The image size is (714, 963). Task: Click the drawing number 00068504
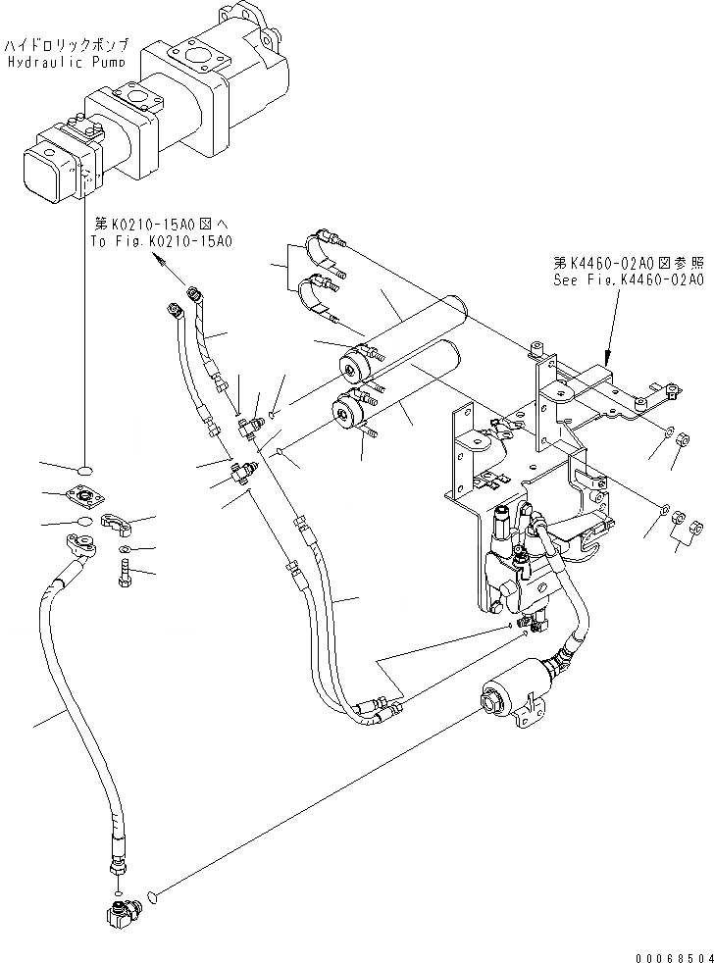click(671, 953)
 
